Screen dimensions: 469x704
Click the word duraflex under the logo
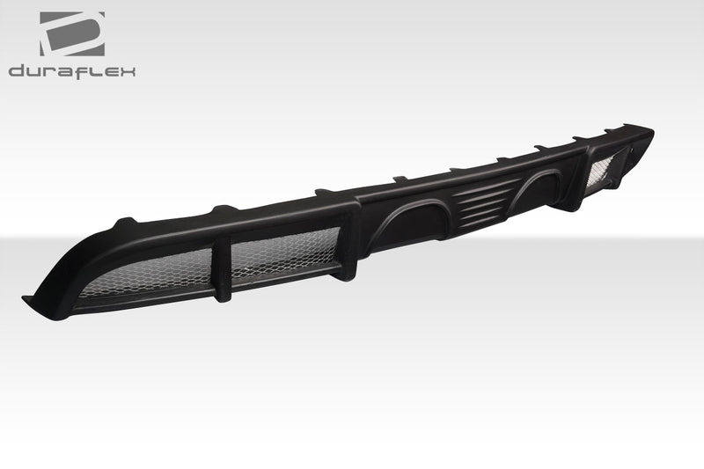point(72,70)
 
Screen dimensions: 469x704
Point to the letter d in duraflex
point(17,70)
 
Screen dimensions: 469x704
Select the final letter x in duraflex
point(128,70)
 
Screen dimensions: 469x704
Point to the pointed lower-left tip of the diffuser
point(26,303)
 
